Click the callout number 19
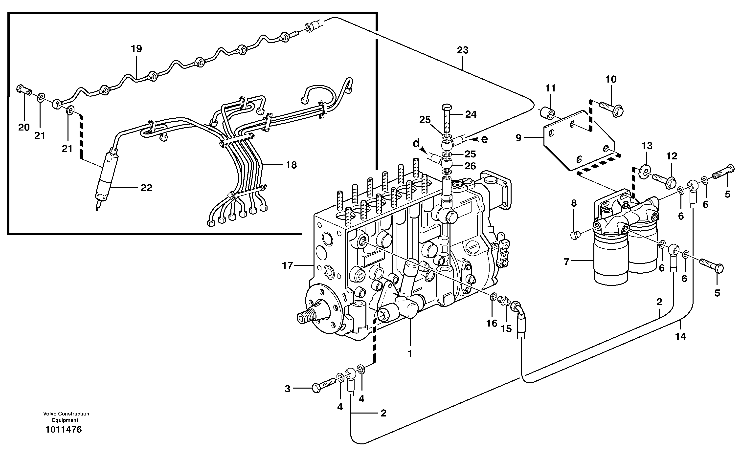[x=136, y=49]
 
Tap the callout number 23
[x=463, y=50]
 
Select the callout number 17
[x=287, y=266]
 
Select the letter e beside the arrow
[x=484, y=139]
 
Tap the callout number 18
[x=291, y=165]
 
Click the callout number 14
[x=680, y=336]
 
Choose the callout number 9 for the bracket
[x=518, y=138]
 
